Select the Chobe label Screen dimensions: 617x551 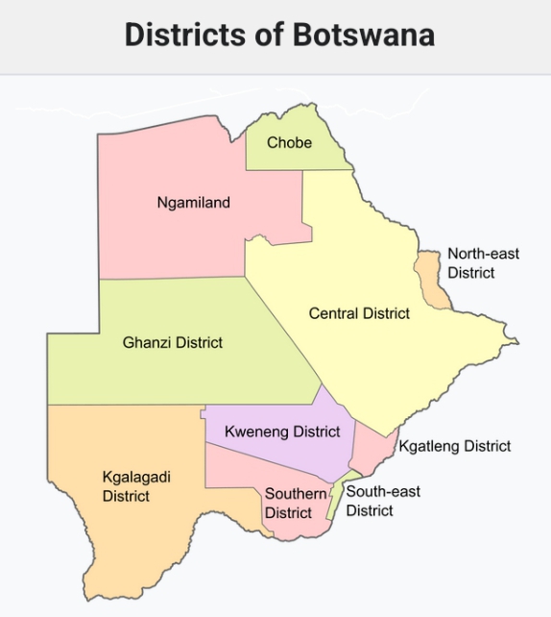pyautogui.click(x=289, y=142)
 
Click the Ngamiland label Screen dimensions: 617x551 pyautogui.click(x=193, y=202)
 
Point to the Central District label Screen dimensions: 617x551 pyautogui.click(x=359, y=313)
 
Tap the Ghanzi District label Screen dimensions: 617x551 pyautogui.click(x=173, y=342)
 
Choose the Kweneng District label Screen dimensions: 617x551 pyautogui.click(x=282, y=432)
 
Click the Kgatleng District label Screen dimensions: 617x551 pyautogui.click(x=454, y=446)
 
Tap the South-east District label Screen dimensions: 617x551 pyautogui.click(x=383, y=501)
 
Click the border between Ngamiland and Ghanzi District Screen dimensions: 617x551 pyautogui.click(x=173, y=278)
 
